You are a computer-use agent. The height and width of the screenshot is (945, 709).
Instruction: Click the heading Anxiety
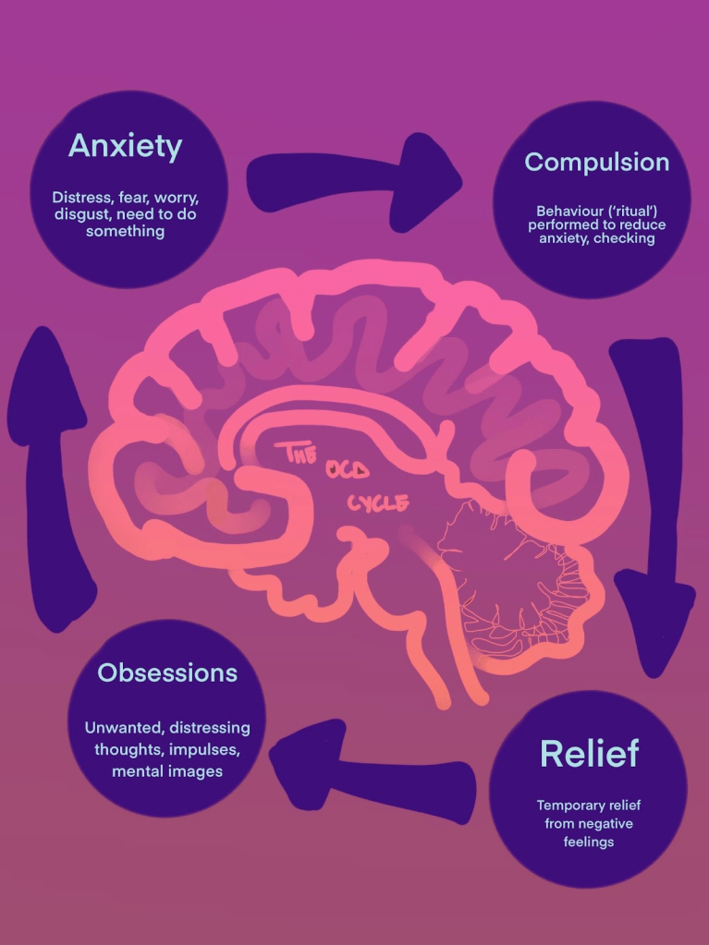coord(125,146)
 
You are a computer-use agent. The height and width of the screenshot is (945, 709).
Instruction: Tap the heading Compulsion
coord(596,162)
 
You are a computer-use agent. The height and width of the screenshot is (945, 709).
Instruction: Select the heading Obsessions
coord(167,672)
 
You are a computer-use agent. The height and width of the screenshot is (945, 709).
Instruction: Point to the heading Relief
coord(589,754)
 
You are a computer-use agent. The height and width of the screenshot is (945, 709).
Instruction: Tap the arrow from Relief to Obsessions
coord(370,767)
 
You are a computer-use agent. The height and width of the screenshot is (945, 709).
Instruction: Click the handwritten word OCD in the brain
coord(347,470)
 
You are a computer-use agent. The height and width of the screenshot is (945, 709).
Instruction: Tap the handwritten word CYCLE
coord(378,503)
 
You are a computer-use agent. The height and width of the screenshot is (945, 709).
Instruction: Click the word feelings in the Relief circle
coord(589,842)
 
